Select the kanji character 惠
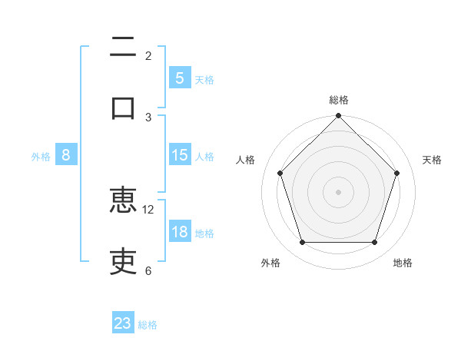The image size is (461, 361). (x=123, y=202)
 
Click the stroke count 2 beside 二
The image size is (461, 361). (x=148, y=55)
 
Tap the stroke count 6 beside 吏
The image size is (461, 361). (x=148, y=270)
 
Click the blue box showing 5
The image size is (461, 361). (x=179, y=78)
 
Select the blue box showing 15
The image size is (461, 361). (x=179, y=155)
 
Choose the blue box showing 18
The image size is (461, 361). (x=179, y=232)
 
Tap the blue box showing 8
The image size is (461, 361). (x=66, y=155)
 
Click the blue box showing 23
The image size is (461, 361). (x=123, y=323)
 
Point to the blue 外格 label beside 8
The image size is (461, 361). (x=41, y=156)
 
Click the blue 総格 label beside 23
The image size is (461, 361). (x=148, y=325)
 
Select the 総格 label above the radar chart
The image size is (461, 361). (x=338, y=100)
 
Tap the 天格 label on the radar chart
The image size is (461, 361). (x=433, y=160)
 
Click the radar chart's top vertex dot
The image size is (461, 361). (x=338, y=117)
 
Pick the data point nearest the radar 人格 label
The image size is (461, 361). (x=280, y=173)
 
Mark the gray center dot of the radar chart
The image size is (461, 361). (x=338, y=191)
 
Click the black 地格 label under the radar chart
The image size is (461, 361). (x=403, y=263)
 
